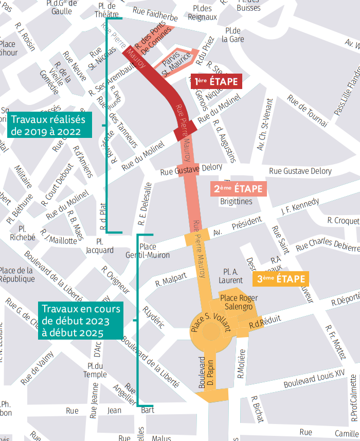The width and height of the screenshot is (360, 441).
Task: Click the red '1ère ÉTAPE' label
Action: tap(216, 81)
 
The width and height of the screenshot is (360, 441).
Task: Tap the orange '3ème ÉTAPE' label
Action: tap(281, 279)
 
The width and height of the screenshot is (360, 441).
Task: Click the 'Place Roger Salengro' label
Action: tap(239, 302)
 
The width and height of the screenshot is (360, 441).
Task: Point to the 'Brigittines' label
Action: tap(236, 201)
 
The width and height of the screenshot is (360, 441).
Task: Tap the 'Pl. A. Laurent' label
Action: tap(230, 276)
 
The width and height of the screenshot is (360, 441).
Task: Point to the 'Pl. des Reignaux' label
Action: tap(202, 13)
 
